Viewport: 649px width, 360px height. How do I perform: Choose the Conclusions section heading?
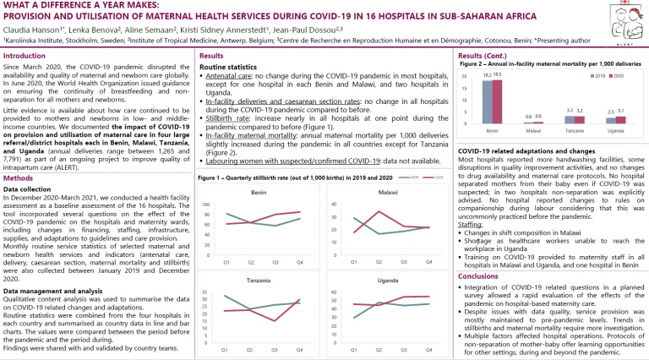[x=478, y=275]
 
